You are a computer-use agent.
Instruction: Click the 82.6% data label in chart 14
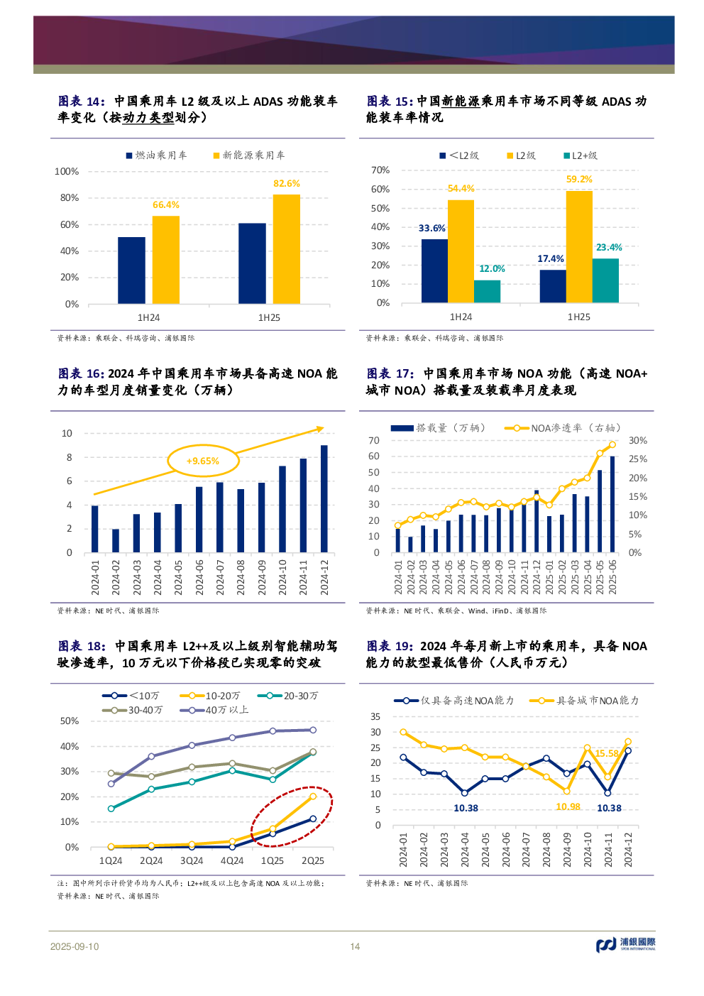coord(286,184)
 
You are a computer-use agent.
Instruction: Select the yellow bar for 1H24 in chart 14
coord(165,260)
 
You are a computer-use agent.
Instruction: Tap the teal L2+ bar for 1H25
coord(605,280)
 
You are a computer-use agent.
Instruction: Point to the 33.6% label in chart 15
coord(431,229)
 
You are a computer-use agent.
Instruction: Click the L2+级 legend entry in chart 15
coord(581,155)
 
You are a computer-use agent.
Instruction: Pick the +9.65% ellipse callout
coord(203,461)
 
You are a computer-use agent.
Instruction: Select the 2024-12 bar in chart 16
coord(324,498)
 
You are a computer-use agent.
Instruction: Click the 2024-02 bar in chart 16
coord(116,540)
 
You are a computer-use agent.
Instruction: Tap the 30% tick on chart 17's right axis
coord(637,441)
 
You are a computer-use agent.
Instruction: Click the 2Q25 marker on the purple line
coord(313,730)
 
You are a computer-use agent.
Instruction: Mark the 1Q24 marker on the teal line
coord(111,809)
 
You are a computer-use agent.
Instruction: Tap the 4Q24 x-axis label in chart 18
coord(232,861)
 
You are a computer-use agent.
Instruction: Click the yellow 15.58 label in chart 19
coord(607,753)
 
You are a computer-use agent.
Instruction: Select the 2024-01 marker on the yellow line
coord(404,732)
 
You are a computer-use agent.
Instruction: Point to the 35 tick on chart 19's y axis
coord(375,717)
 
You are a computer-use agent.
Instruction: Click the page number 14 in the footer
coord(355,946)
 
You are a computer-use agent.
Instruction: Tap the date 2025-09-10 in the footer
coord(75,947)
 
